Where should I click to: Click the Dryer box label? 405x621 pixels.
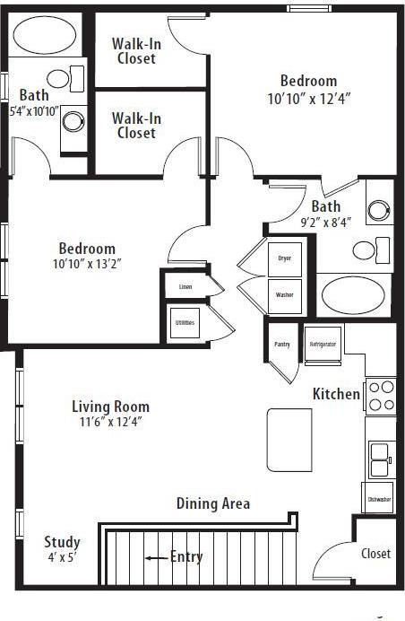pyautogui.click(x=284, y=258)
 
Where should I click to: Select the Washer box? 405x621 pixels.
pyautogui.click(x=284, y=294)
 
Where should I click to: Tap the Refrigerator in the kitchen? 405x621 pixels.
pyautogui.click(x=323, y=345)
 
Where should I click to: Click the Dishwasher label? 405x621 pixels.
pyautogui.click(x=379, y=499)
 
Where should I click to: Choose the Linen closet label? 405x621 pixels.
pyautogui.click(x=185, y=287)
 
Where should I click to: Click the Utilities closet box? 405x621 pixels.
pyautogui.click(x=185, y=323)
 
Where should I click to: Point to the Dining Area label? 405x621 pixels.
pyautogui.click(x=212, y=503)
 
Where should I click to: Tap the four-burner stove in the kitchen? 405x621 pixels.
pyautogui.click(x=382, y=396)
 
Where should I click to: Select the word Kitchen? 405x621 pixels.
pyautogui.click(x=336, y=394)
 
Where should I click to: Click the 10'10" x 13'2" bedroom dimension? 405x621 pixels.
pyautogui.click(x=88, y=264)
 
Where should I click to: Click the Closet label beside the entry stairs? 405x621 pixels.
pyautogui.click(x=375, y=554)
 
